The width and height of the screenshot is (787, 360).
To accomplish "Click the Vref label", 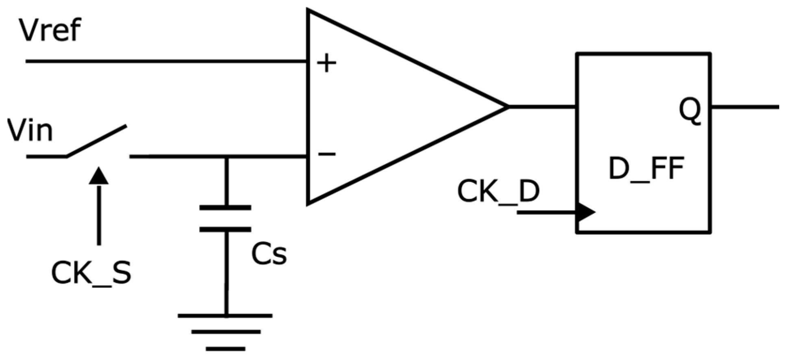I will click(x=50, y=30).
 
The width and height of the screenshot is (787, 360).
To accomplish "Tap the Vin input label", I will click(x=30, y=131).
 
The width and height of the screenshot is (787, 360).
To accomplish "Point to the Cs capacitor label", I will click(x=269, y=254).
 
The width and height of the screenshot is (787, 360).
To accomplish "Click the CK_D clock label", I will click(x=498, y=191).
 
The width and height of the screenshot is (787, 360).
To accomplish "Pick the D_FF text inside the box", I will click(x=646, y=169).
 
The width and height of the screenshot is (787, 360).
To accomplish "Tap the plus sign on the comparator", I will click(x=327, y=64).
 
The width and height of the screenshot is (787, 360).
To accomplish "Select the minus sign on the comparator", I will click(x=327, y=154).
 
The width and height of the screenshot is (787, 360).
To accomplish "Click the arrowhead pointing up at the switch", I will click(x=99, y=176).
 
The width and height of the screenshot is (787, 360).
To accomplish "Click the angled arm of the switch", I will click(x=97, y=141).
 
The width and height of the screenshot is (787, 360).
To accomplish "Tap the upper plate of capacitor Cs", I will click(x=225, y=208).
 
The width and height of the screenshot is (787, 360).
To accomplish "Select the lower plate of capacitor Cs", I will click(x=225, y=230).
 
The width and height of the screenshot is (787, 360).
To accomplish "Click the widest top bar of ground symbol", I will click(x=225, y=315).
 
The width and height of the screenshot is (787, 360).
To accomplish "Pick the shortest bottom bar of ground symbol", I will click(x=225, y=349).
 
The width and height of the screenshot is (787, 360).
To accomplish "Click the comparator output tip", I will click(x=506, y=107).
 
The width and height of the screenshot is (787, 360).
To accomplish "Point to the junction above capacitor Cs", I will click(x=226, y=156).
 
